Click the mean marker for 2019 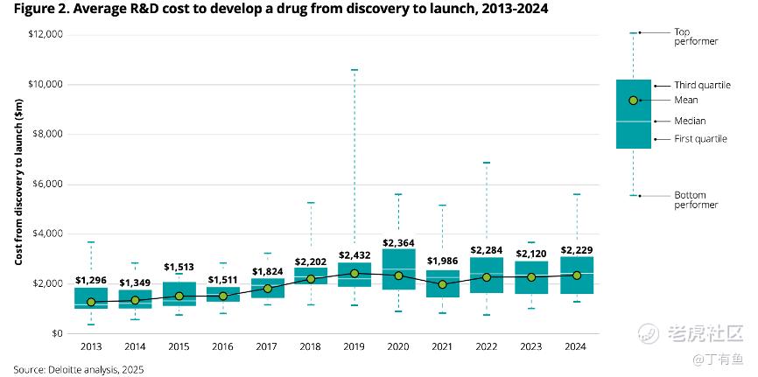354,273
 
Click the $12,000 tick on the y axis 46,34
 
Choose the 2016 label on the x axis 222,346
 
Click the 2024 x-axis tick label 576,346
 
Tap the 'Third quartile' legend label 702,85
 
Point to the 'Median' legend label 690,121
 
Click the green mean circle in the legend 633,100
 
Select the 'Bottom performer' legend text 696,199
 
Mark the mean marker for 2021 443,284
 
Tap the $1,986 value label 443,260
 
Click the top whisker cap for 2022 487,163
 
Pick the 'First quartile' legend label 700,139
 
